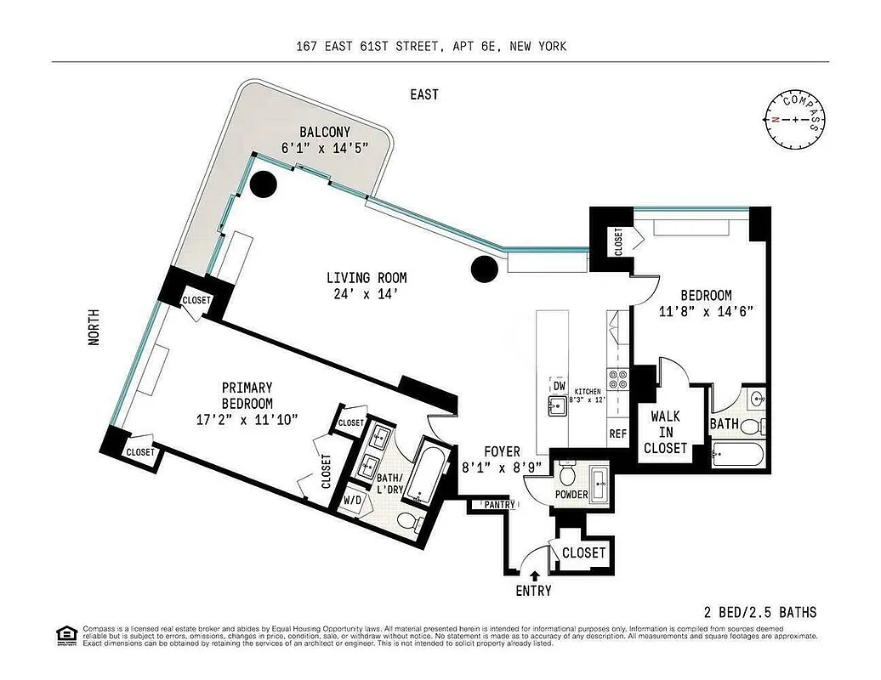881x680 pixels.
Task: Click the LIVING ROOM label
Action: pyautogui.click(x=367, y=278)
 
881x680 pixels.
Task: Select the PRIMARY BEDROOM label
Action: pyautogui.click(x=247, y=396)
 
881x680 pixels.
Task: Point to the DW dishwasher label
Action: pyautogui.click(x=559, y=386)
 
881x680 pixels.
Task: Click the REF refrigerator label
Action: pyautogui.click(x=617, y=433)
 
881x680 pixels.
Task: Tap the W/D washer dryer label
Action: pyautogui.click(x=353, y=501)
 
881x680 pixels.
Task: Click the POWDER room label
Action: pyautogui.click(x=571, y=495)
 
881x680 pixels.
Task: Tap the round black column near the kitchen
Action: pyautogui.click(x=483, y=269)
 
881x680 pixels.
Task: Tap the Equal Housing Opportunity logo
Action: pyautogui.click(x=65, y=634)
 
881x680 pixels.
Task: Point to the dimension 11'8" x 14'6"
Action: pyautogui.click(x=706, y=311)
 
